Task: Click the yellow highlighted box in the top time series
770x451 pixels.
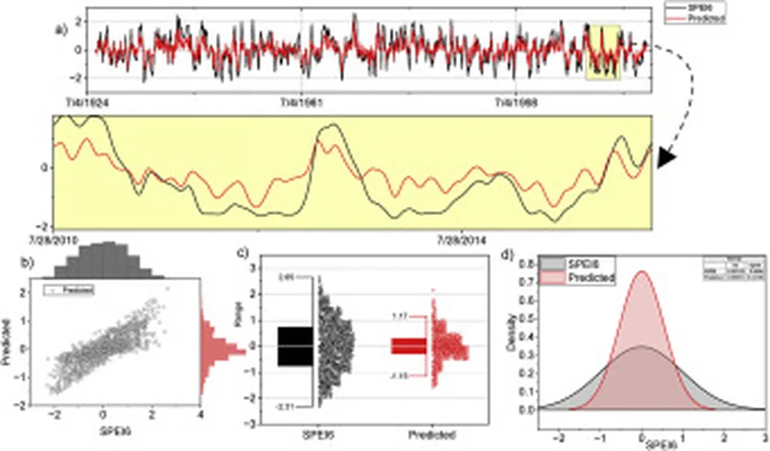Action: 603,52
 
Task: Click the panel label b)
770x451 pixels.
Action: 26,264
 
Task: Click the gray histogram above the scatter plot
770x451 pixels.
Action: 105,259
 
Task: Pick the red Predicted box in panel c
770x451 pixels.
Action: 408,346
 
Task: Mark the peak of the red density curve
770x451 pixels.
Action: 641,272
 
